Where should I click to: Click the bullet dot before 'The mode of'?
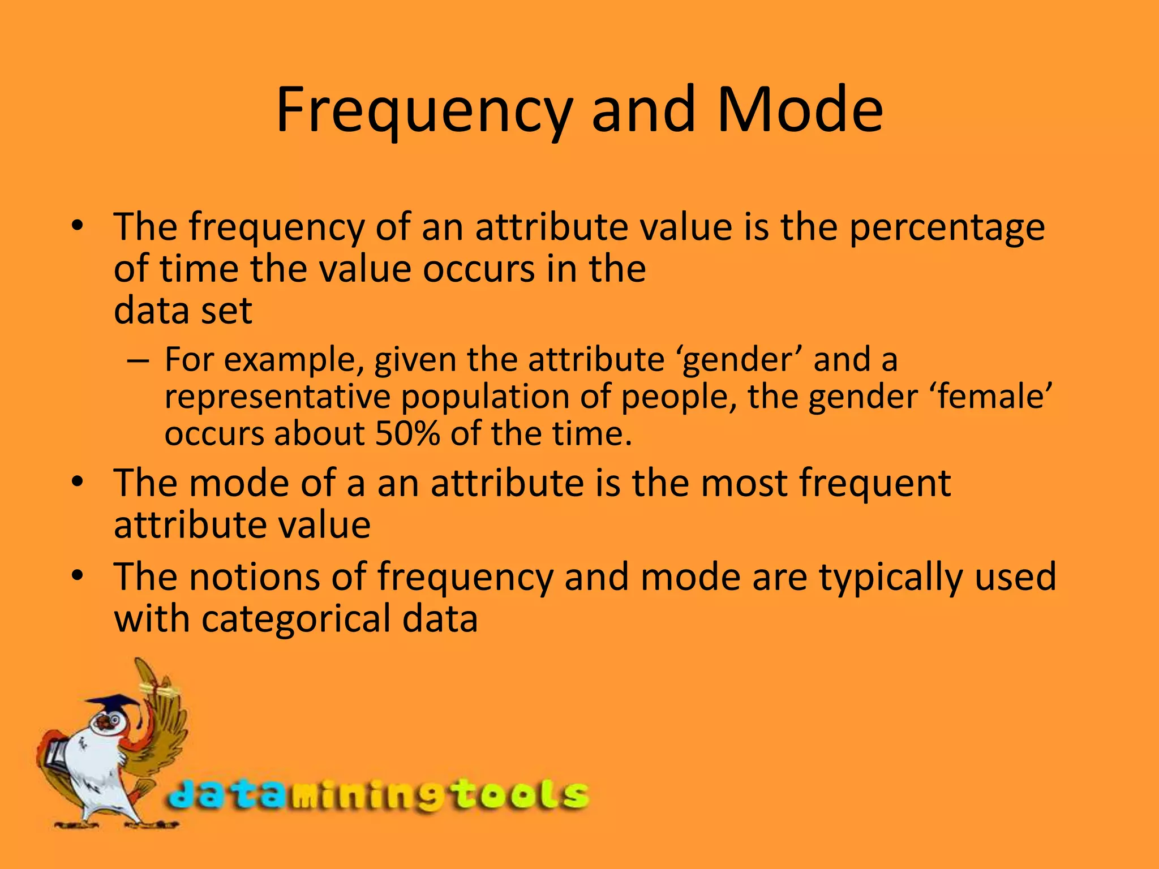(78, 483)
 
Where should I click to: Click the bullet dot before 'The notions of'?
(78, 577)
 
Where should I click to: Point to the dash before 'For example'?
(138, 360)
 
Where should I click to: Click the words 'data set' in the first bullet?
(182, 311)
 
